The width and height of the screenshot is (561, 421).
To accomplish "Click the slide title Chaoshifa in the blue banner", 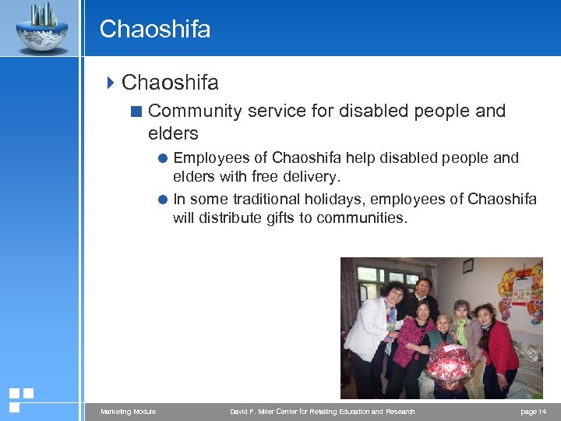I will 155,30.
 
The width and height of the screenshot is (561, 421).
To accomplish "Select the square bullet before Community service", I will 136,111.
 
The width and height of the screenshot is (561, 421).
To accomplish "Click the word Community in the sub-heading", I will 195,111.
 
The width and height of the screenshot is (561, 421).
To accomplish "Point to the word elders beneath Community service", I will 173,133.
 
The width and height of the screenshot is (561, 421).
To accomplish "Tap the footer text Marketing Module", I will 128,412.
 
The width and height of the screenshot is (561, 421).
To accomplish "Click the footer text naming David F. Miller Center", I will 323,412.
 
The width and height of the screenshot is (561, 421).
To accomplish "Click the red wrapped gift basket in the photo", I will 450,365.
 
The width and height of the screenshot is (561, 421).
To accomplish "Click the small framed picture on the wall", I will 467,266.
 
